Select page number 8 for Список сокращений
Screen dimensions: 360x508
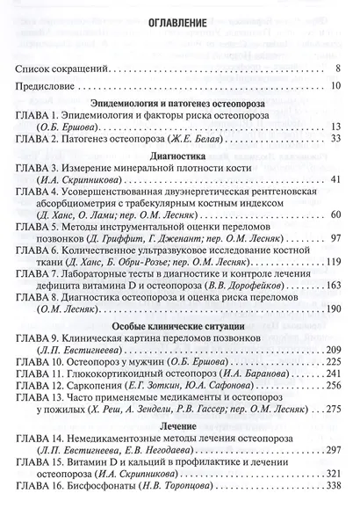point(337,68)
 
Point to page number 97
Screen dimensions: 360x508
point(335,237)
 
